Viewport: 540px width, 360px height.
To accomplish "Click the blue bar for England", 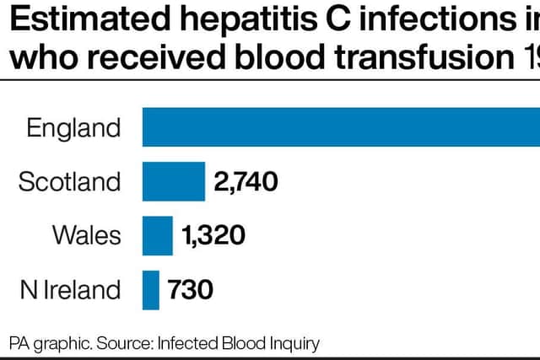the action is (x=341, y=127).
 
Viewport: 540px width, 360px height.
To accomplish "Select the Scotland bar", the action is (x=174, y=181).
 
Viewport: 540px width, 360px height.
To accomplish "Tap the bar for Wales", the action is (x=158, y=236).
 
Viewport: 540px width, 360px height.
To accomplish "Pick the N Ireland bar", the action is (x=151, y=290).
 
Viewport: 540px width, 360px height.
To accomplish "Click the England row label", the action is (x=73, y=129).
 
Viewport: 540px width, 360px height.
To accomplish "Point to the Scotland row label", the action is (x=69, y=182).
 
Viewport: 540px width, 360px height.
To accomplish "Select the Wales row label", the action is (x=87, y=235).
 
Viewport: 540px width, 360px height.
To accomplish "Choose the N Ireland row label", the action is (x=71, y=289).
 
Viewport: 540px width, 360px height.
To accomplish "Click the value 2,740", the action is (x=246, y=182).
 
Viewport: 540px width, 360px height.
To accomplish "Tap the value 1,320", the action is (x=213, y=236).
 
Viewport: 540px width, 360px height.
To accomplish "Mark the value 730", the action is (x=190, y=290).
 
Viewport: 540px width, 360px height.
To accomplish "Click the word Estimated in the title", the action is (x=90, y=19).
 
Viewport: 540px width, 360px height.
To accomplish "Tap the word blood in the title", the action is (x=279, y=56).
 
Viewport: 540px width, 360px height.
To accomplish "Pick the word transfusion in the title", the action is (x=424, y=56).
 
